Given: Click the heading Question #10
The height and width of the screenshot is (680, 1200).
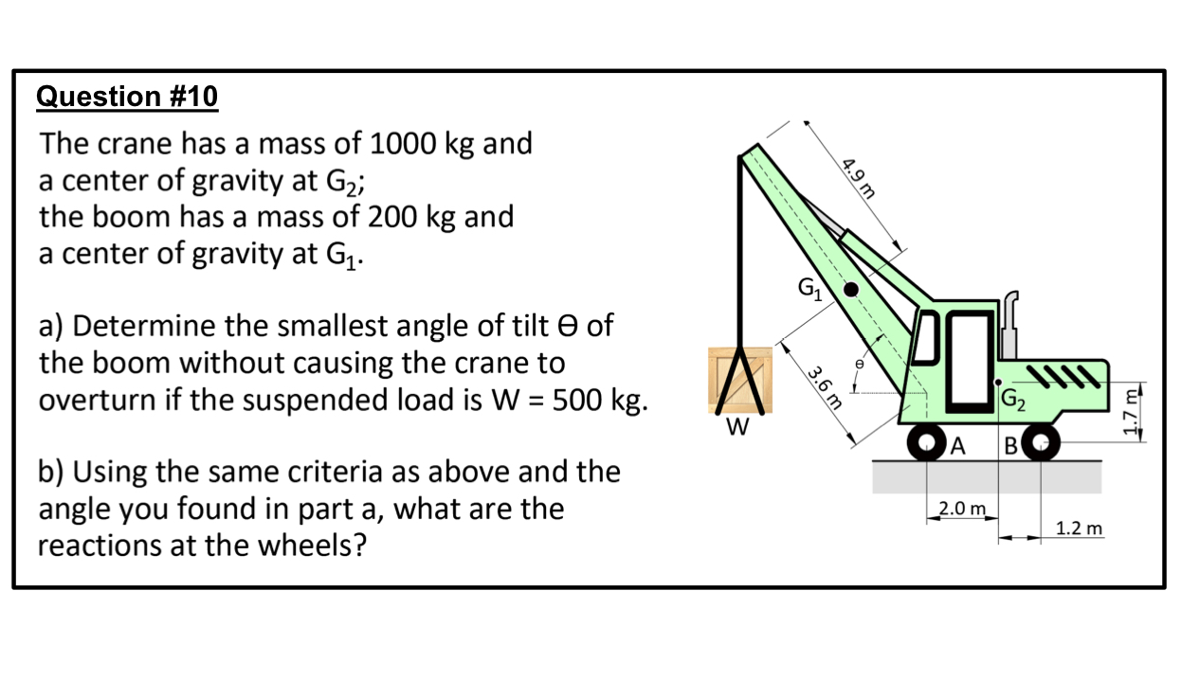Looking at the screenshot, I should point(126,97).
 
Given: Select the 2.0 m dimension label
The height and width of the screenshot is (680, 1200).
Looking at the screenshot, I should point(963,509).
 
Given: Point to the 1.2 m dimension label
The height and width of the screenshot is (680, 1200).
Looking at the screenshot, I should point(1080,528).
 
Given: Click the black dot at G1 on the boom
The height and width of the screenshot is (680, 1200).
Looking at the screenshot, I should point(852,290).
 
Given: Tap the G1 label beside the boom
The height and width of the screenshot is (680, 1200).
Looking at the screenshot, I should point(809,285).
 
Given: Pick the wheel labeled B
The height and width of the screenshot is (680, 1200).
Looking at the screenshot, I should point(1041,442).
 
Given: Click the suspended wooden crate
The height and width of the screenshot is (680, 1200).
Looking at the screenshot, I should point(740,381).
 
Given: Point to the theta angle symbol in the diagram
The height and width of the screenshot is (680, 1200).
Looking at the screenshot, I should point(859,362).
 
